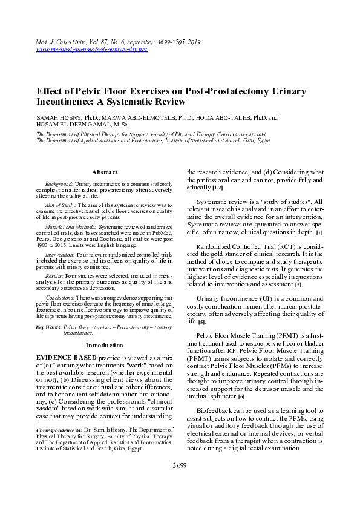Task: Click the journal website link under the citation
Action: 92,49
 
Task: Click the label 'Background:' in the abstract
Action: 59,183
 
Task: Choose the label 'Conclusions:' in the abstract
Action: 60,297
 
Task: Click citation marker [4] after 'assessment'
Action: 298,284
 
